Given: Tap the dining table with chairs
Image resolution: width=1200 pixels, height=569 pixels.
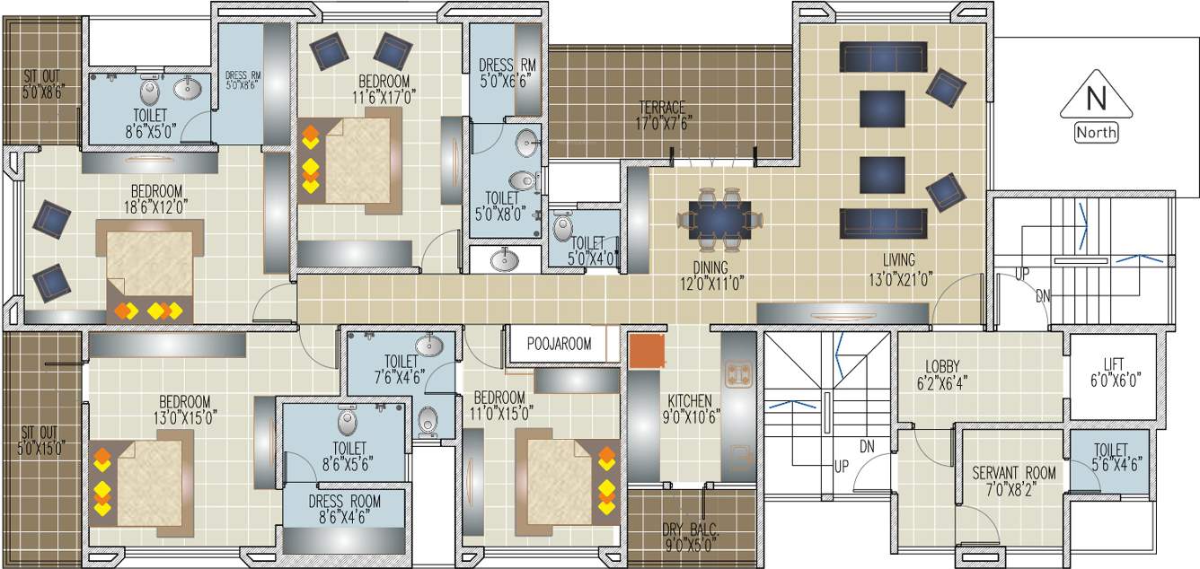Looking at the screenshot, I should (x=720, y=217).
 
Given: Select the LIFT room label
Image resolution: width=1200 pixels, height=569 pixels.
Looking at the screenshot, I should (x=1113, y=372).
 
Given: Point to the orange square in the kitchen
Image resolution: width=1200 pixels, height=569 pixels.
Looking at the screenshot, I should (x=648, y=352).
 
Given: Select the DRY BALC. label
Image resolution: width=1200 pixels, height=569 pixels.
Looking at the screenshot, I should (x=691, y=537).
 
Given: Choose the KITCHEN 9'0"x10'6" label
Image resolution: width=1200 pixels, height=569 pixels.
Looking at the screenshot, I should (x=689, y=407).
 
